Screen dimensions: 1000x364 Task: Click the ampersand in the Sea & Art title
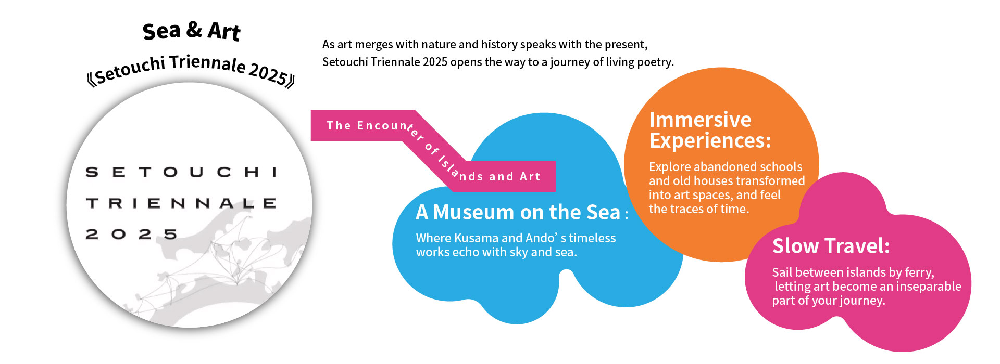tap(194, 30)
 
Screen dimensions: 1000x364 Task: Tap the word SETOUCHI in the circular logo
tap(181, 172)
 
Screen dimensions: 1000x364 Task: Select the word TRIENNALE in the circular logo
tap(181, 203)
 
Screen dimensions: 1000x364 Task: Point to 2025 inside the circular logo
tap(131, 234)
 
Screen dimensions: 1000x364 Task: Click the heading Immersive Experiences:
tap(710, 130)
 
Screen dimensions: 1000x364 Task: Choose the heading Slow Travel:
tap(831, 246)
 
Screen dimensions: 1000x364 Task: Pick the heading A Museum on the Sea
tap(518, 212)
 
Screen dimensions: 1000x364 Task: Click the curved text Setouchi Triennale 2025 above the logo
tap(191, 69)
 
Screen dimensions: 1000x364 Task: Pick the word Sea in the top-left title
tap(161, 31)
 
